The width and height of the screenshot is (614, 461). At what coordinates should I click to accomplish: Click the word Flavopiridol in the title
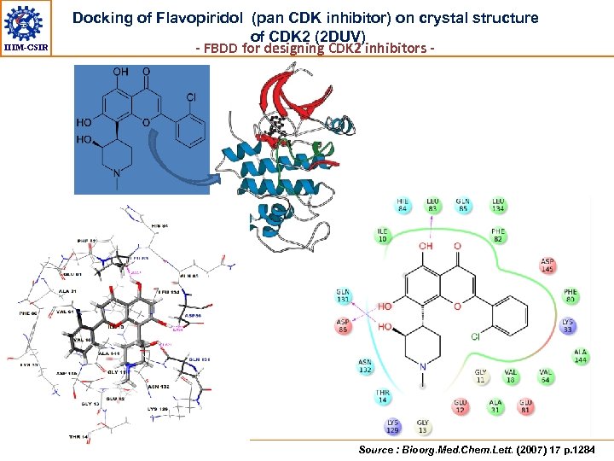pyautogui.click(x=200, y=18)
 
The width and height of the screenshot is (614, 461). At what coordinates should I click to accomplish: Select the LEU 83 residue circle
pyautogui.click(x=434, y=205)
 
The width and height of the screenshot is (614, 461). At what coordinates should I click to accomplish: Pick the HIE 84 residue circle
pyautogui.click(x=403, y=205)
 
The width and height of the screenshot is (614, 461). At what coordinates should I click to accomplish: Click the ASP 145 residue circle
pyautogui.click(x=548, y=266)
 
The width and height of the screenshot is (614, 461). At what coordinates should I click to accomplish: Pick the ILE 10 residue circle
pyautogui.click(x=383, y=235)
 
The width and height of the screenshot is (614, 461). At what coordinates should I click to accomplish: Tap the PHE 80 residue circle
pyautogui.click(x=570, y=296)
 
